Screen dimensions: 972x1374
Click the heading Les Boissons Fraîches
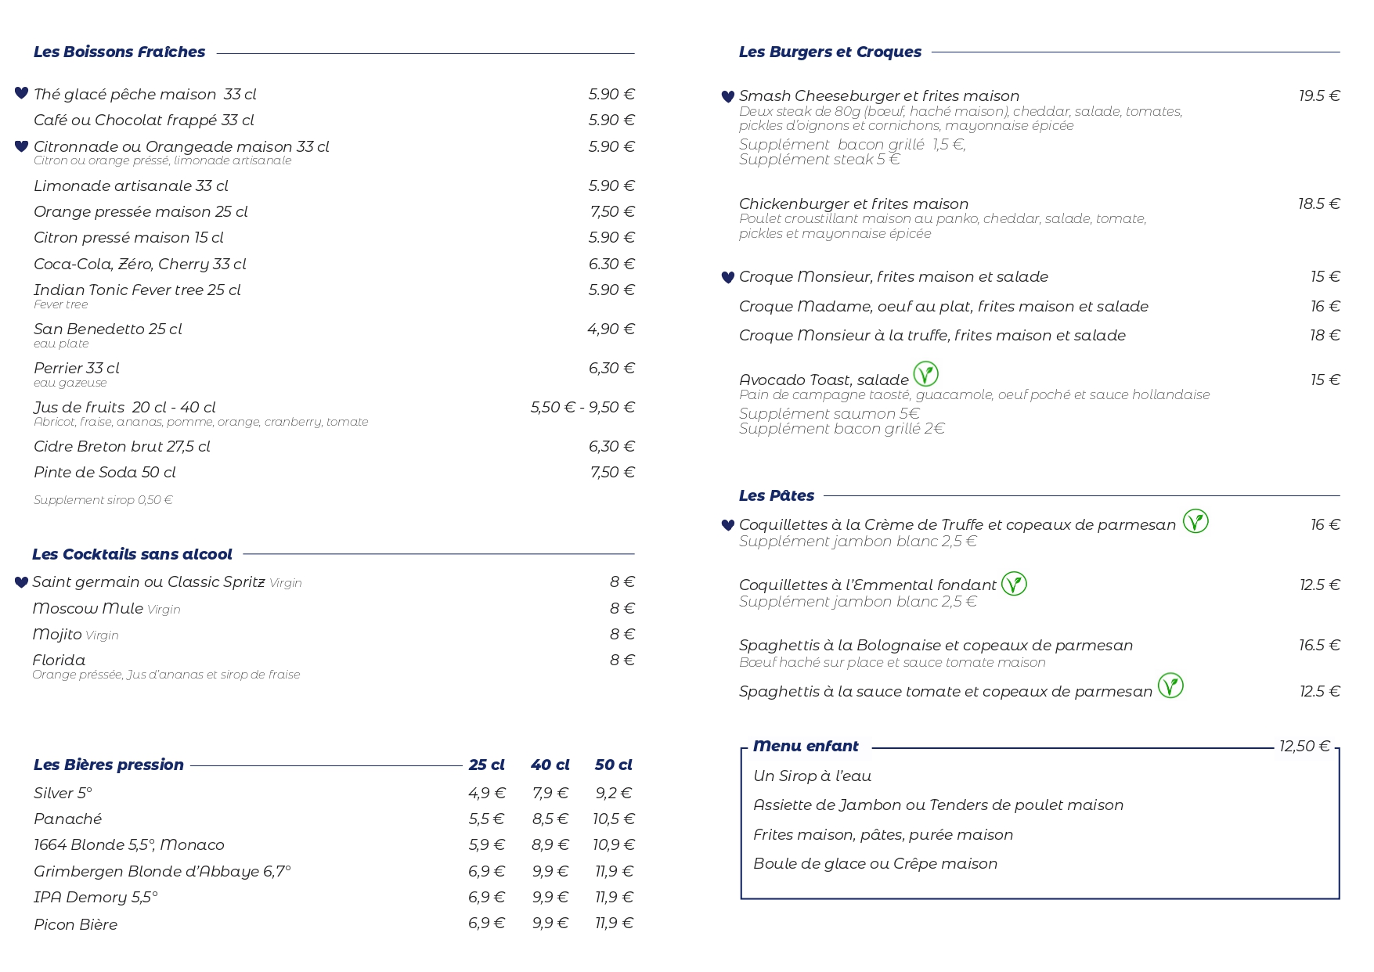119,52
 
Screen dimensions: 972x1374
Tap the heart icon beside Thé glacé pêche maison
21,93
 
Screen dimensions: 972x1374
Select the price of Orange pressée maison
612,212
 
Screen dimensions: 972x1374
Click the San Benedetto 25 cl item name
107,329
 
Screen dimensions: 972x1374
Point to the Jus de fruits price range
582,408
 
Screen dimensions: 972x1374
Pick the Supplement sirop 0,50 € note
103,500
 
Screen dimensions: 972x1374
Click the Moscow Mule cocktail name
88,609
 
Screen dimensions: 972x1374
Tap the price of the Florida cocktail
622,661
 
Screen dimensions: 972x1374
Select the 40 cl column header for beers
550,765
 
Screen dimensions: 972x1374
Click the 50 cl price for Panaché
614,819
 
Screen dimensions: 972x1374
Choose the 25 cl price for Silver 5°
486,794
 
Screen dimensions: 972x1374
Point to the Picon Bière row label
75,925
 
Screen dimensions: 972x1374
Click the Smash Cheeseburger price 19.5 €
1319,96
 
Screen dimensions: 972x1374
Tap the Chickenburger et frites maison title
853,204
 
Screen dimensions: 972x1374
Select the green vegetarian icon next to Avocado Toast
925,374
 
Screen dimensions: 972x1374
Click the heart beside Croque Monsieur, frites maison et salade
727,277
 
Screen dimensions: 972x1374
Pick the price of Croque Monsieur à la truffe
1325,336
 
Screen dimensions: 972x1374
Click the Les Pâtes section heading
776,496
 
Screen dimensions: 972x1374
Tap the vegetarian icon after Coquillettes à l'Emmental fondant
1014,584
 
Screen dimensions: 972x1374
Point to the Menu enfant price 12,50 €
1304,747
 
